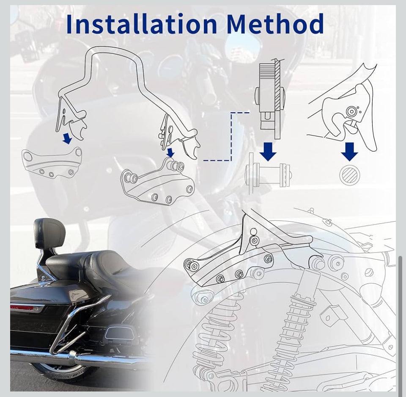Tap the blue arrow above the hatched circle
click(349, 152)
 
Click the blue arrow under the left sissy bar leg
click(67, 138)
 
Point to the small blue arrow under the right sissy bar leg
click(170, 153)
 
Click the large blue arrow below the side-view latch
click(268, 151)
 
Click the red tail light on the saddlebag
click(22, 308)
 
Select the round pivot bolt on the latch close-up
click(351, 111)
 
